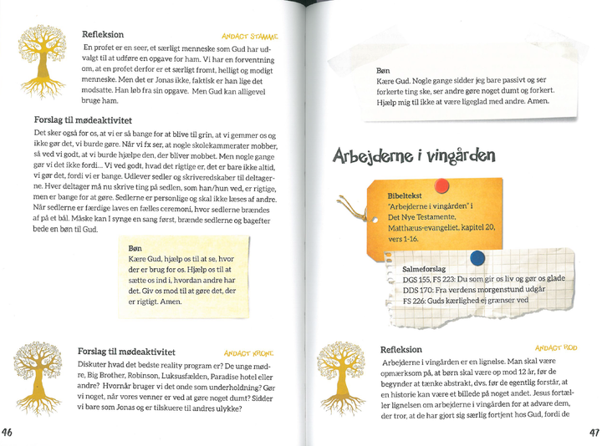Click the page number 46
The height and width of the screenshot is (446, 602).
(8, 433)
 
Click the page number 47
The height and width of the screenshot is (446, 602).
(594, 433)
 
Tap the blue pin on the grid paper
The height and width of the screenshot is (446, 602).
(477, 258)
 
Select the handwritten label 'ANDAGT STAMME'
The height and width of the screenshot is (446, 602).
(250, 37)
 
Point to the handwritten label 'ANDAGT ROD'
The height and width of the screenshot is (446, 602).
(556, 347)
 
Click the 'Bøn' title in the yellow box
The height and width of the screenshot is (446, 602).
(135, 249)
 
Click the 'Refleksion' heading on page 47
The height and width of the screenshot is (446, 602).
(405, 348)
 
